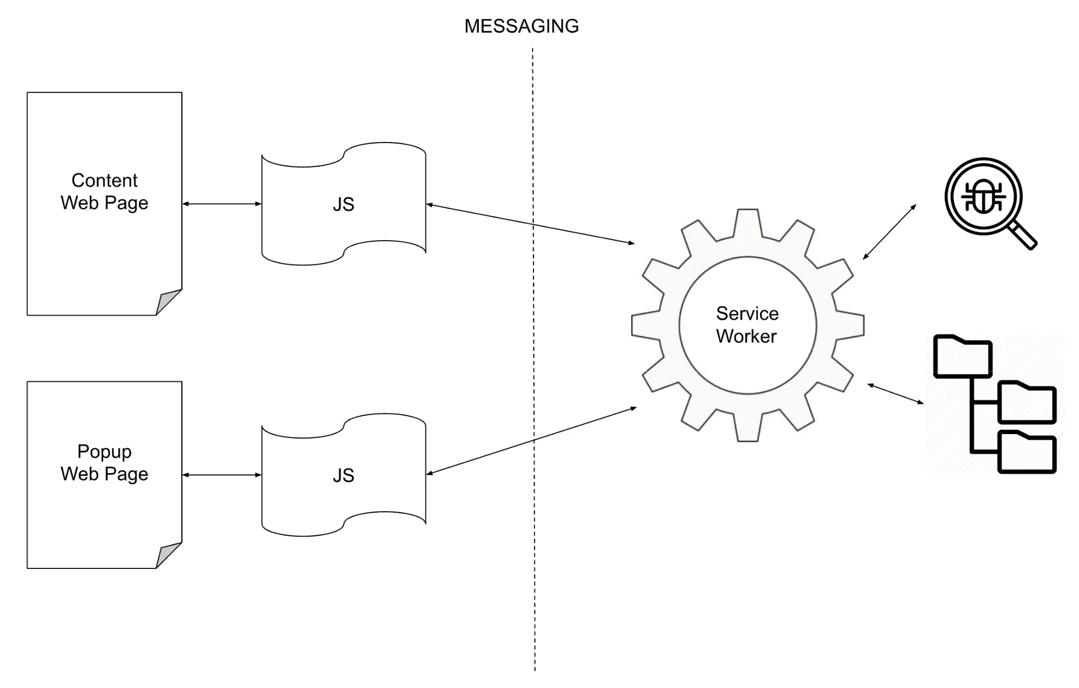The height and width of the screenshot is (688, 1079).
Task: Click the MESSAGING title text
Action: click(521, 26)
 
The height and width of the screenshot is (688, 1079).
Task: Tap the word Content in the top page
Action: click(104, 180)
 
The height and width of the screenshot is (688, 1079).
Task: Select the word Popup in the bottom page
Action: click(104, 452)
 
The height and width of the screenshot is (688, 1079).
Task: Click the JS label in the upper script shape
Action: click(343, 204)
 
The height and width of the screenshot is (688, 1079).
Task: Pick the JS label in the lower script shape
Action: click(343, 476)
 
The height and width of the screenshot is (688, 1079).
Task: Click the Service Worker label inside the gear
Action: click(747, 325)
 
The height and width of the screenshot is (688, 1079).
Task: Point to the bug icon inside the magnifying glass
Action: click(983, 197)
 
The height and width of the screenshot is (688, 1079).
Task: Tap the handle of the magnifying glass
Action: click(1023, 236)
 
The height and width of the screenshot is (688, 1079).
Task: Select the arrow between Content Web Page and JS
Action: click(222, 204)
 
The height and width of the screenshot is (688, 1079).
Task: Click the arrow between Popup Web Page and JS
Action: click(222, 475)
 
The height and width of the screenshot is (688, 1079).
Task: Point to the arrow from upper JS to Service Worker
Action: click(530, 224)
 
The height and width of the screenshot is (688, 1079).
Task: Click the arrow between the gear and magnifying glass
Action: click(890, 232)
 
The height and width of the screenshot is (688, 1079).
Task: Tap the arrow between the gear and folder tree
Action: click(896, 394)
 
